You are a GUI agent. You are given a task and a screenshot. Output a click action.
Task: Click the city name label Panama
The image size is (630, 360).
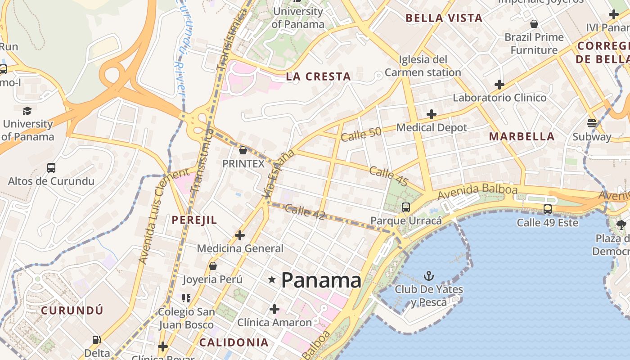point(321,280)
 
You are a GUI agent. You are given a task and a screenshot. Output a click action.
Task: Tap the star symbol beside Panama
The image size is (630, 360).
point(272,280)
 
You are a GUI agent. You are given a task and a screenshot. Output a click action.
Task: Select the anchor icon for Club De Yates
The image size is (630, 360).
point(429,275)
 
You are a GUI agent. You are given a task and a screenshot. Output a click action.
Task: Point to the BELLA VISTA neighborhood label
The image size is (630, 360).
point(444,18)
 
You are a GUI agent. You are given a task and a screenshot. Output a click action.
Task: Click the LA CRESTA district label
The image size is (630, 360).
point(319,76)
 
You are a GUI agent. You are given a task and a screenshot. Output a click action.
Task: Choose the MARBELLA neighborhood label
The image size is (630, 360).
point(522,137)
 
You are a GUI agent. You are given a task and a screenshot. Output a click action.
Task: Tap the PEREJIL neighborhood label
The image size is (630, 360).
point(194,220)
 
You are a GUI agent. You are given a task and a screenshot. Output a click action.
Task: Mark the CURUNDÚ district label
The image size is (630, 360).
point(72,310)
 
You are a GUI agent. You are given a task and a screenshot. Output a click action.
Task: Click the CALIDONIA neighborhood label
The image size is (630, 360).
point(234,342)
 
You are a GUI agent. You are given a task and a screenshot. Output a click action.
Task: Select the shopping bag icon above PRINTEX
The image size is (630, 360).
point(243,150)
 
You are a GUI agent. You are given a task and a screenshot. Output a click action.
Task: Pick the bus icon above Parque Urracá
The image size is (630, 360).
point(406,207)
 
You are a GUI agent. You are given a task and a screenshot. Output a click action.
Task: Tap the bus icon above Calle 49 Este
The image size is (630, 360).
point(548,209)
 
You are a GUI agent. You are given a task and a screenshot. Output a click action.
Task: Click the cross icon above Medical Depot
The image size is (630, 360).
point(432,114)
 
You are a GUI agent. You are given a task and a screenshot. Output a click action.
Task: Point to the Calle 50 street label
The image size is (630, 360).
point(361,134)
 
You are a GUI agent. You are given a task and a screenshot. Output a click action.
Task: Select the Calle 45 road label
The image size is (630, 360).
point(389,176)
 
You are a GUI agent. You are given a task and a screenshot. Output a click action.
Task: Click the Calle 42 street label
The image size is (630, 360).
point(305,211)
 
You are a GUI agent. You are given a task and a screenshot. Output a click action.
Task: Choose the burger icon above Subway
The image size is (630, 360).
point(592,123)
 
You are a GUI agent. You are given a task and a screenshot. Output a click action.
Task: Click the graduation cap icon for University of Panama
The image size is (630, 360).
point(27,111)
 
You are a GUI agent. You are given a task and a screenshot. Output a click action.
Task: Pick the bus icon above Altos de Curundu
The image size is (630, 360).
point(51,168)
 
